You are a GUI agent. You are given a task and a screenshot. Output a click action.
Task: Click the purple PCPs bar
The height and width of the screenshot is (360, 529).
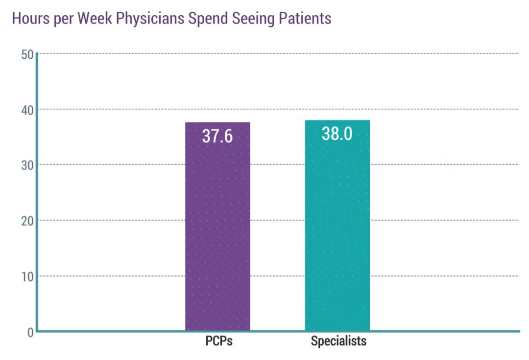(x=217, y=230)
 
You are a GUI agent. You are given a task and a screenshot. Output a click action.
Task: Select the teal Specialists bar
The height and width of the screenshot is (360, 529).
(x=337, y=230)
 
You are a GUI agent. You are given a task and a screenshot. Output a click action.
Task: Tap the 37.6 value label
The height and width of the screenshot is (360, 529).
(x=217, y=136)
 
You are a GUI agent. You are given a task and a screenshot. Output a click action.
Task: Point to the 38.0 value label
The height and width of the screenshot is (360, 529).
(x=337, y=133)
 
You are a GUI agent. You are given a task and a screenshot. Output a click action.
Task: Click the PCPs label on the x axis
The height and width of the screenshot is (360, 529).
(x=219, y=341)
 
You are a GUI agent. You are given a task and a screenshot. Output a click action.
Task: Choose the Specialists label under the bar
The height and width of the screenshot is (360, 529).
(x=338, y=341)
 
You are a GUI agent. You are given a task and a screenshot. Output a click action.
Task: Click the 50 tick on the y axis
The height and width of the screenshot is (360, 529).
(x=27, y=54)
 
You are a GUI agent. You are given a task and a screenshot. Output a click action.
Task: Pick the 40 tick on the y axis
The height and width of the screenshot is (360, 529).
(x=27, y=109)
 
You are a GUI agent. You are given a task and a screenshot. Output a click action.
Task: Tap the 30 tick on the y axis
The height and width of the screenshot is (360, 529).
(x=27, y=165)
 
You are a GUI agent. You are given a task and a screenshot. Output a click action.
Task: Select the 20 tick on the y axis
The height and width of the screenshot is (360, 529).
(x=27, y=221)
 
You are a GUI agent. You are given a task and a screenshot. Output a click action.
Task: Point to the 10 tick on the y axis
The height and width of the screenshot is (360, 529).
(x=27, y=277)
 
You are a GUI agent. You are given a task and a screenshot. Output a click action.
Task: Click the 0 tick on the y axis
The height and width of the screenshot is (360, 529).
(x=30, y=332)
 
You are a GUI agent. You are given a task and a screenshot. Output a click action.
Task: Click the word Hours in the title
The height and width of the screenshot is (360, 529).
(x=28, y=18)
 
